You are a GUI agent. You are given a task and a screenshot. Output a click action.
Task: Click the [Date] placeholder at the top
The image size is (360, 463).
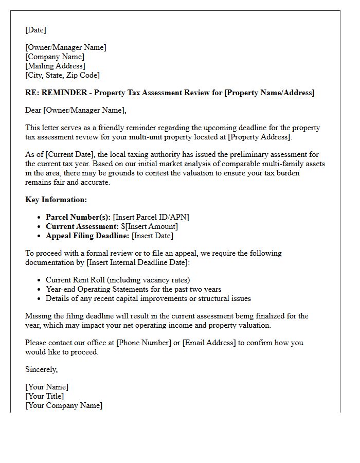[36, 30]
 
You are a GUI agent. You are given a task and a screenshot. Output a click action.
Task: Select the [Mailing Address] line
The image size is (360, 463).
[55, 66]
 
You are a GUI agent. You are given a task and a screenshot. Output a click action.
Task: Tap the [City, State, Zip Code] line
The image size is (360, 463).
[62, 75]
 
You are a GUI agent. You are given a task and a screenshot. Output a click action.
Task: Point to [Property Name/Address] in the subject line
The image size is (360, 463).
[269, 93]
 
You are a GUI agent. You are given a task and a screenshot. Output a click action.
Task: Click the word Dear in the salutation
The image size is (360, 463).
[33, 110]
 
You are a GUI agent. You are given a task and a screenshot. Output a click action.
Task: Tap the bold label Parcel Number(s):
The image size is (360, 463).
[78, 217]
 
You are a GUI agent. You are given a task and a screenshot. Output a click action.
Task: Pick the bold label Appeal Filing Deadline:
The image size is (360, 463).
[87, 236]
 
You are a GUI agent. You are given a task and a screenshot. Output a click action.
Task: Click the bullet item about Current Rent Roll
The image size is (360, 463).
[117, 280]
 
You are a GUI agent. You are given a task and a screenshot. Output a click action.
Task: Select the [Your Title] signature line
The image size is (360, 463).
[45, 396]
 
